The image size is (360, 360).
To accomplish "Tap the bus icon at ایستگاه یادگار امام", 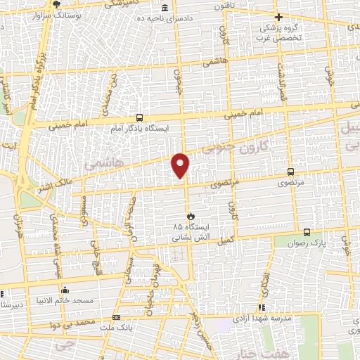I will point(139,118).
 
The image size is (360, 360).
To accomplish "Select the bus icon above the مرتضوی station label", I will point(290,171).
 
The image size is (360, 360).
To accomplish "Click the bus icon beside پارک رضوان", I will point(307,233).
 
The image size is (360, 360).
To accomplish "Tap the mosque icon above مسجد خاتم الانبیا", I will point(65,290).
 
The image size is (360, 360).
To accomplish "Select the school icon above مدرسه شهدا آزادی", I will point(262,307).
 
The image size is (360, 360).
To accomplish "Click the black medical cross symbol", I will point(279,17).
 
